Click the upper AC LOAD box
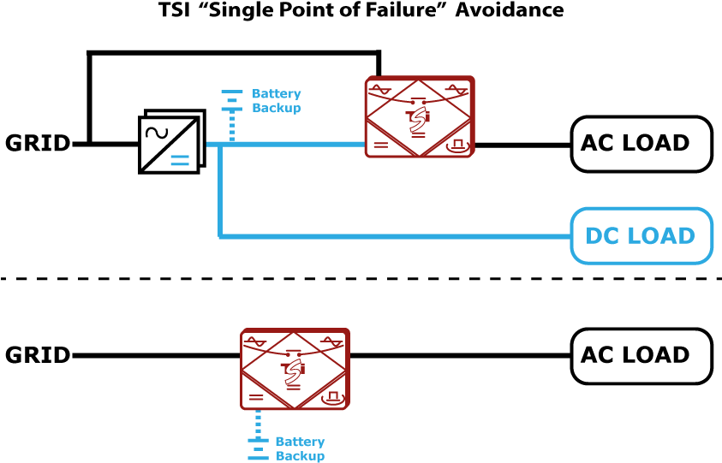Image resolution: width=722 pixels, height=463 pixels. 641,144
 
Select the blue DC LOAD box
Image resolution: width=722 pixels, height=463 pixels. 641,236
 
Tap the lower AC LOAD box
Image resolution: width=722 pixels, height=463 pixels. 641,356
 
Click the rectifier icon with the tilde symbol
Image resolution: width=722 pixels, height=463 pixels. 171,142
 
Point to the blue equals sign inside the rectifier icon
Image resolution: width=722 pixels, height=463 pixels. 180,160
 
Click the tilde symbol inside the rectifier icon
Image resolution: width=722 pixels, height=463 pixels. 156,132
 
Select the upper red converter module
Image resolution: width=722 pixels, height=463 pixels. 420,117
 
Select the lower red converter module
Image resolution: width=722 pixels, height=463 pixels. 295,369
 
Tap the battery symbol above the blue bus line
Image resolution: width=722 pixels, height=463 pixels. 231,100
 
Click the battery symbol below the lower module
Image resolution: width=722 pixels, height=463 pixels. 258,448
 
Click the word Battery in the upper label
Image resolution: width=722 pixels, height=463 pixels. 276,94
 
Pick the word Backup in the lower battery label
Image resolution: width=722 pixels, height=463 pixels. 300,456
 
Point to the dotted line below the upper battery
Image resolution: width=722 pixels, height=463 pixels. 231,127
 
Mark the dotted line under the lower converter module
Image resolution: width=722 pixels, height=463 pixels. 258,423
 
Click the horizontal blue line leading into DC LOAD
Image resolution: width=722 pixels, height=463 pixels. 394,236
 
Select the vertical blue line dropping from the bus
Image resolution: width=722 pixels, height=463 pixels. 220,193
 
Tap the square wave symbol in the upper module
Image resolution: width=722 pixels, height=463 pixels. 457,145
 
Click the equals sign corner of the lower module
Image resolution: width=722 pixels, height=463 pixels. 256,397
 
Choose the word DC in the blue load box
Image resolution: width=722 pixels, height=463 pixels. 601,236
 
